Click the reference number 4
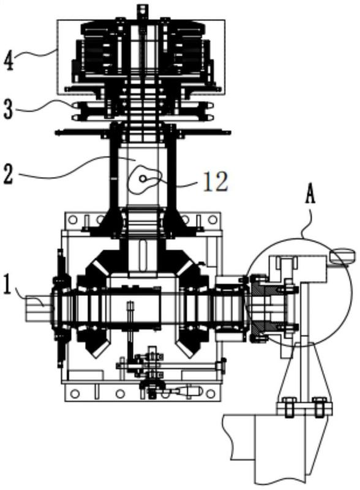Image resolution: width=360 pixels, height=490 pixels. [9, 61]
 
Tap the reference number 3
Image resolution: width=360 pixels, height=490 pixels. [9, 110]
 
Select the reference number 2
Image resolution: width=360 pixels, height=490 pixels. [8, 175]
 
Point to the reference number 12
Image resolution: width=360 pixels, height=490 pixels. [216, 181]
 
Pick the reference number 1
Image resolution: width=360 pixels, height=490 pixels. [9, 284]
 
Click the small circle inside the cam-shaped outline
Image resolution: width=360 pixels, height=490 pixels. [142, 178]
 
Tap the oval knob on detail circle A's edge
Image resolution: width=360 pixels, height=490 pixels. [342, 255]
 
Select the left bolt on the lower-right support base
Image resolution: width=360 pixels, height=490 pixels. [289, 407]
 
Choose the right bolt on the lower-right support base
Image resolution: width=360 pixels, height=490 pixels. [319, 407]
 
